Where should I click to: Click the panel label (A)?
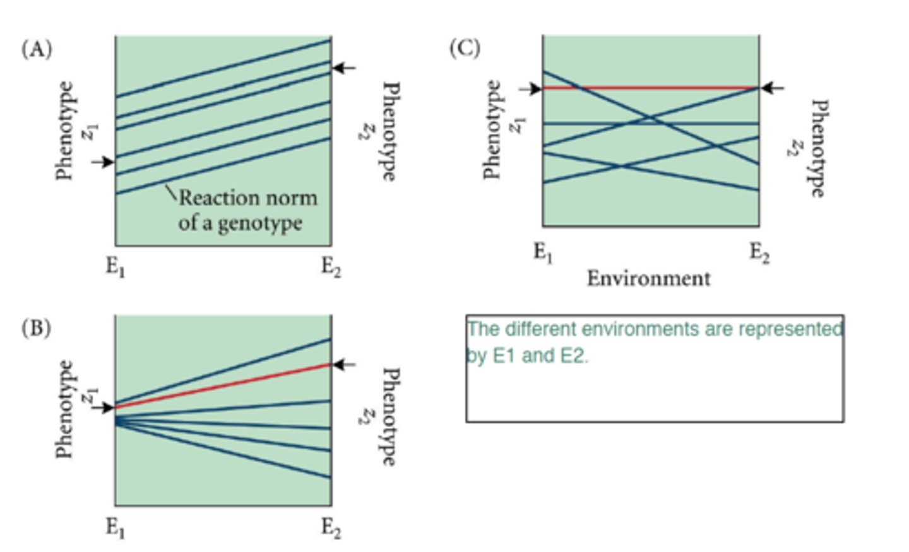click(37, 49)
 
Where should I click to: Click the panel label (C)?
click(465, 47)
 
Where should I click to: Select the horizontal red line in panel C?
click(650, 88)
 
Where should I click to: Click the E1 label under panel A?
click(115, 267)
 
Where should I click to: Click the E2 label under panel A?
click(331, 267)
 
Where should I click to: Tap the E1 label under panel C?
click(543, 253)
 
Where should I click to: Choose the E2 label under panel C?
click(759, 253)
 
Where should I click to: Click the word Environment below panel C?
click(648, 278)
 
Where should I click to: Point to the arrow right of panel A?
click(345, 68)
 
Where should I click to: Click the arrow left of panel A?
click(102, 162)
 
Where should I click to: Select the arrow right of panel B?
click(345, 364)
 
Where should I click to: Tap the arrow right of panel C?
click(773, 88)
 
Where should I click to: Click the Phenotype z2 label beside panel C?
click(811, 148)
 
